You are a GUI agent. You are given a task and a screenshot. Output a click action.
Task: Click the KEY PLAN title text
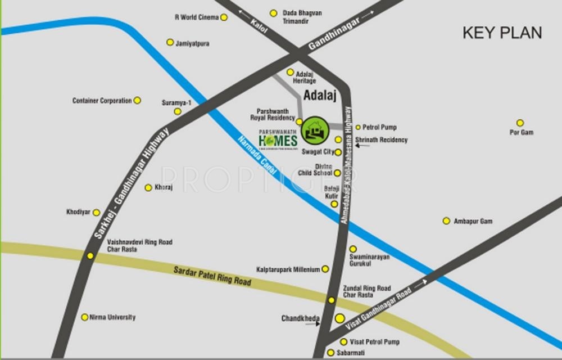pyautogui.click(x=502, y=33)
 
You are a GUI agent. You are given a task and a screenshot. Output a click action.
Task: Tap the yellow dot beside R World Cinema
pyautogui.click(x=224, y=17)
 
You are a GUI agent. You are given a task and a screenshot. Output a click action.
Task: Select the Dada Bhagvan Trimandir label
pyautogui.click(x=302, y=16)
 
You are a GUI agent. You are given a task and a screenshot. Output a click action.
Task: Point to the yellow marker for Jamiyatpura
pyautogui.click(x=170, y=42)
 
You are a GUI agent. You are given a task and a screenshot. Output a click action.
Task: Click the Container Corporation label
pyautogui.click(x=102, y=101)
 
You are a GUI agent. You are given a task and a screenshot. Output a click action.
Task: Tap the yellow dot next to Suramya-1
pyautogui.click(x=178, y=111)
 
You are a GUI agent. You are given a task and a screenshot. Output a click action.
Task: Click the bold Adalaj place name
pyautogui.click(x=319, y=96)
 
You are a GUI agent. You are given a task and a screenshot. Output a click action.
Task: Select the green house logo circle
pyautogui.click(x=315, y=130)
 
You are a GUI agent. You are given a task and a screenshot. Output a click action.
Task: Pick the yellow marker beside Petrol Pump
pyautogui.click(x=357, y=128)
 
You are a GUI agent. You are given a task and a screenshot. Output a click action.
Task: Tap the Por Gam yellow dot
pyautogui.click(x=520, y=123)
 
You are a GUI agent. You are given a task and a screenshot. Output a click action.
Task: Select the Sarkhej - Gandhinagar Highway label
pyautogui.click(x=131, y=183)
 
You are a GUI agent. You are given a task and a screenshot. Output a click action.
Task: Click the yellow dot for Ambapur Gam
pyautogui.click(x=446, y=221)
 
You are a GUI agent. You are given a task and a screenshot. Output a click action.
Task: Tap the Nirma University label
pyautogui.click(x=113, y=317)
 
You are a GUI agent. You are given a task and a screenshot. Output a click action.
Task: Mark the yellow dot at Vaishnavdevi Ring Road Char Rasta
pyautogui.click(x=90, y=255)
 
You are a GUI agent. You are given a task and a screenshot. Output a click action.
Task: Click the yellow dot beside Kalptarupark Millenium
pyautogui.click(x=325, y=269)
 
